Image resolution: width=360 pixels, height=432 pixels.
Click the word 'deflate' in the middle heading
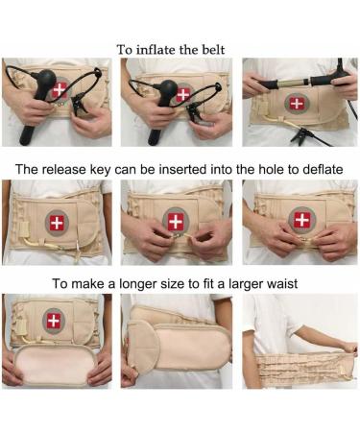point(327,168)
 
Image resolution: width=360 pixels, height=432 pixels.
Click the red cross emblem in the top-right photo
point(299,103)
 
